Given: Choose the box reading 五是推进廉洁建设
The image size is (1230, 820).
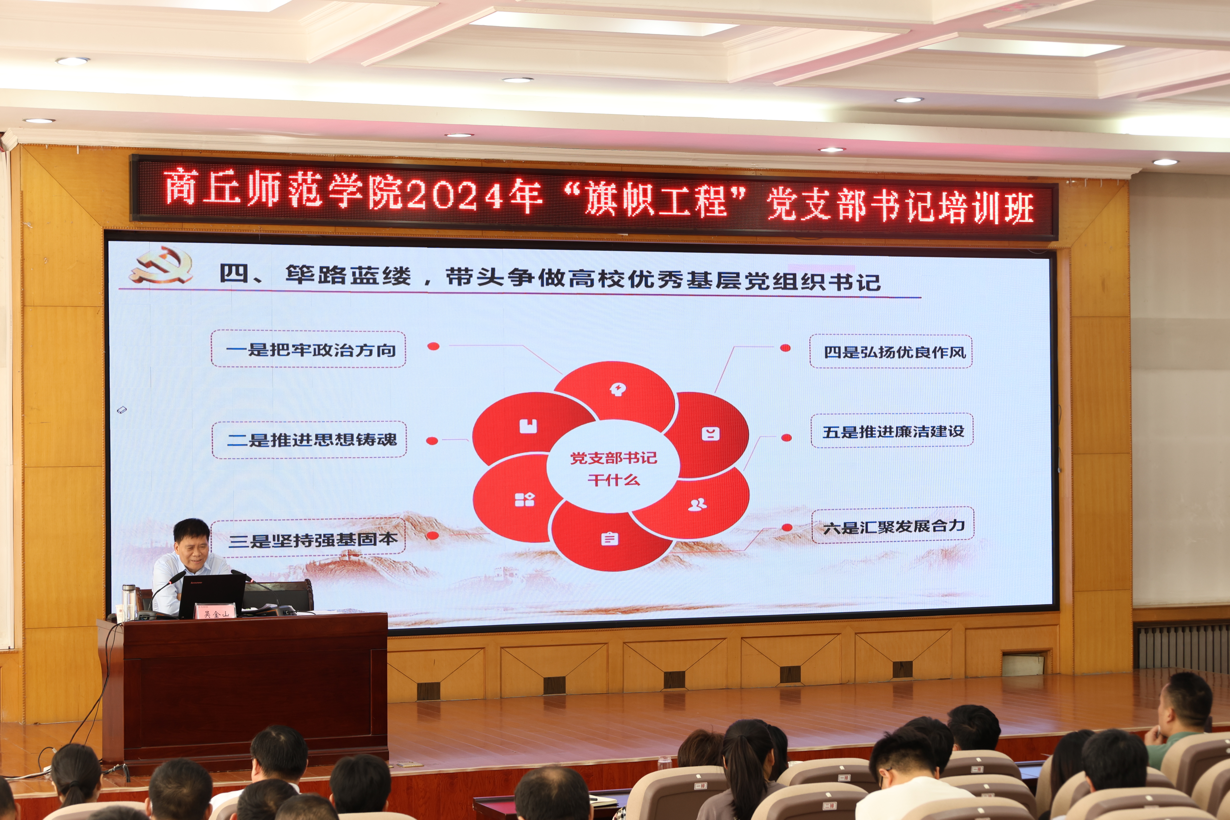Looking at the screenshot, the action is click(892, 430).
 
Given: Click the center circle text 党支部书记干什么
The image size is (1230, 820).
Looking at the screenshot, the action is click(613, 469).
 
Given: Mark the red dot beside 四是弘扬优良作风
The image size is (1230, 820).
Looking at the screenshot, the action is click(785, 348).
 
